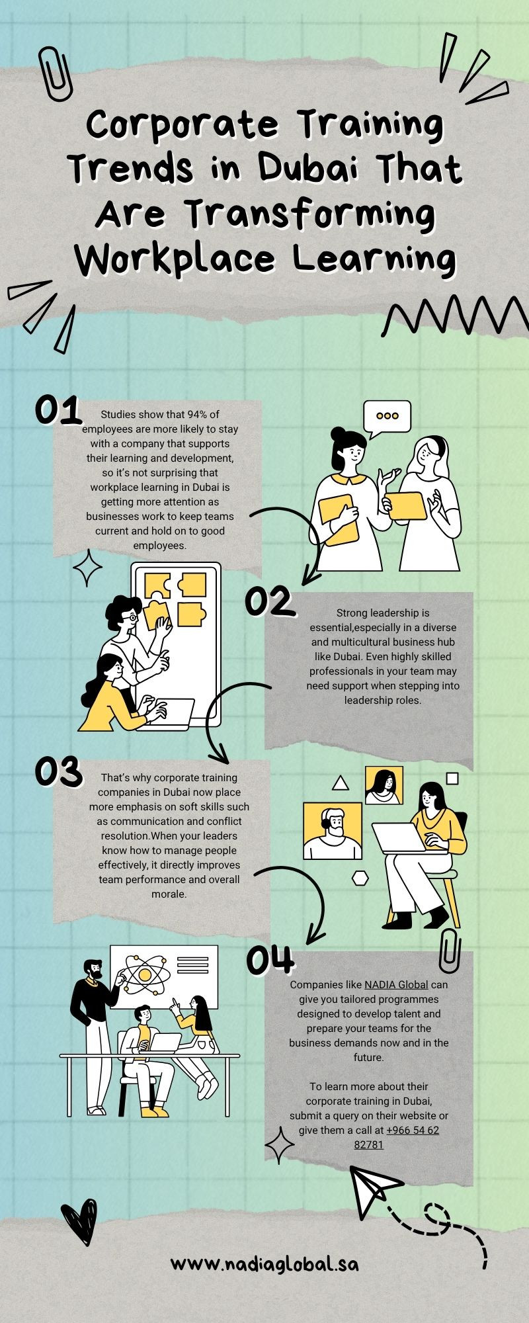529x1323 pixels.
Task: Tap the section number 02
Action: [x=268, y=601]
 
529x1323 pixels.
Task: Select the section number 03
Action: [x=58, y=771]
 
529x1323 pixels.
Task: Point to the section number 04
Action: [x=270, y=959]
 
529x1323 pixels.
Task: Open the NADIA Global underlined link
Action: [x=396, y=984]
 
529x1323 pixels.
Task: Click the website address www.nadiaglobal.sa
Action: [x=264, y=1264]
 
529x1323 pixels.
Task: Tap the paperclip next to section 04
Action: [x=450, y=947]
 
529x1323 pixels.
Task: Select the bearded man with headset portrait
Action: [x=333, y=831]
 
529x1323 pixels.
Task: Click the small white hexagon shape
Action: [x=360, y=878]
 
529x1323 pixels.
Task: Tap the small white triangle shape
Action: [x=340, y=783]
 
